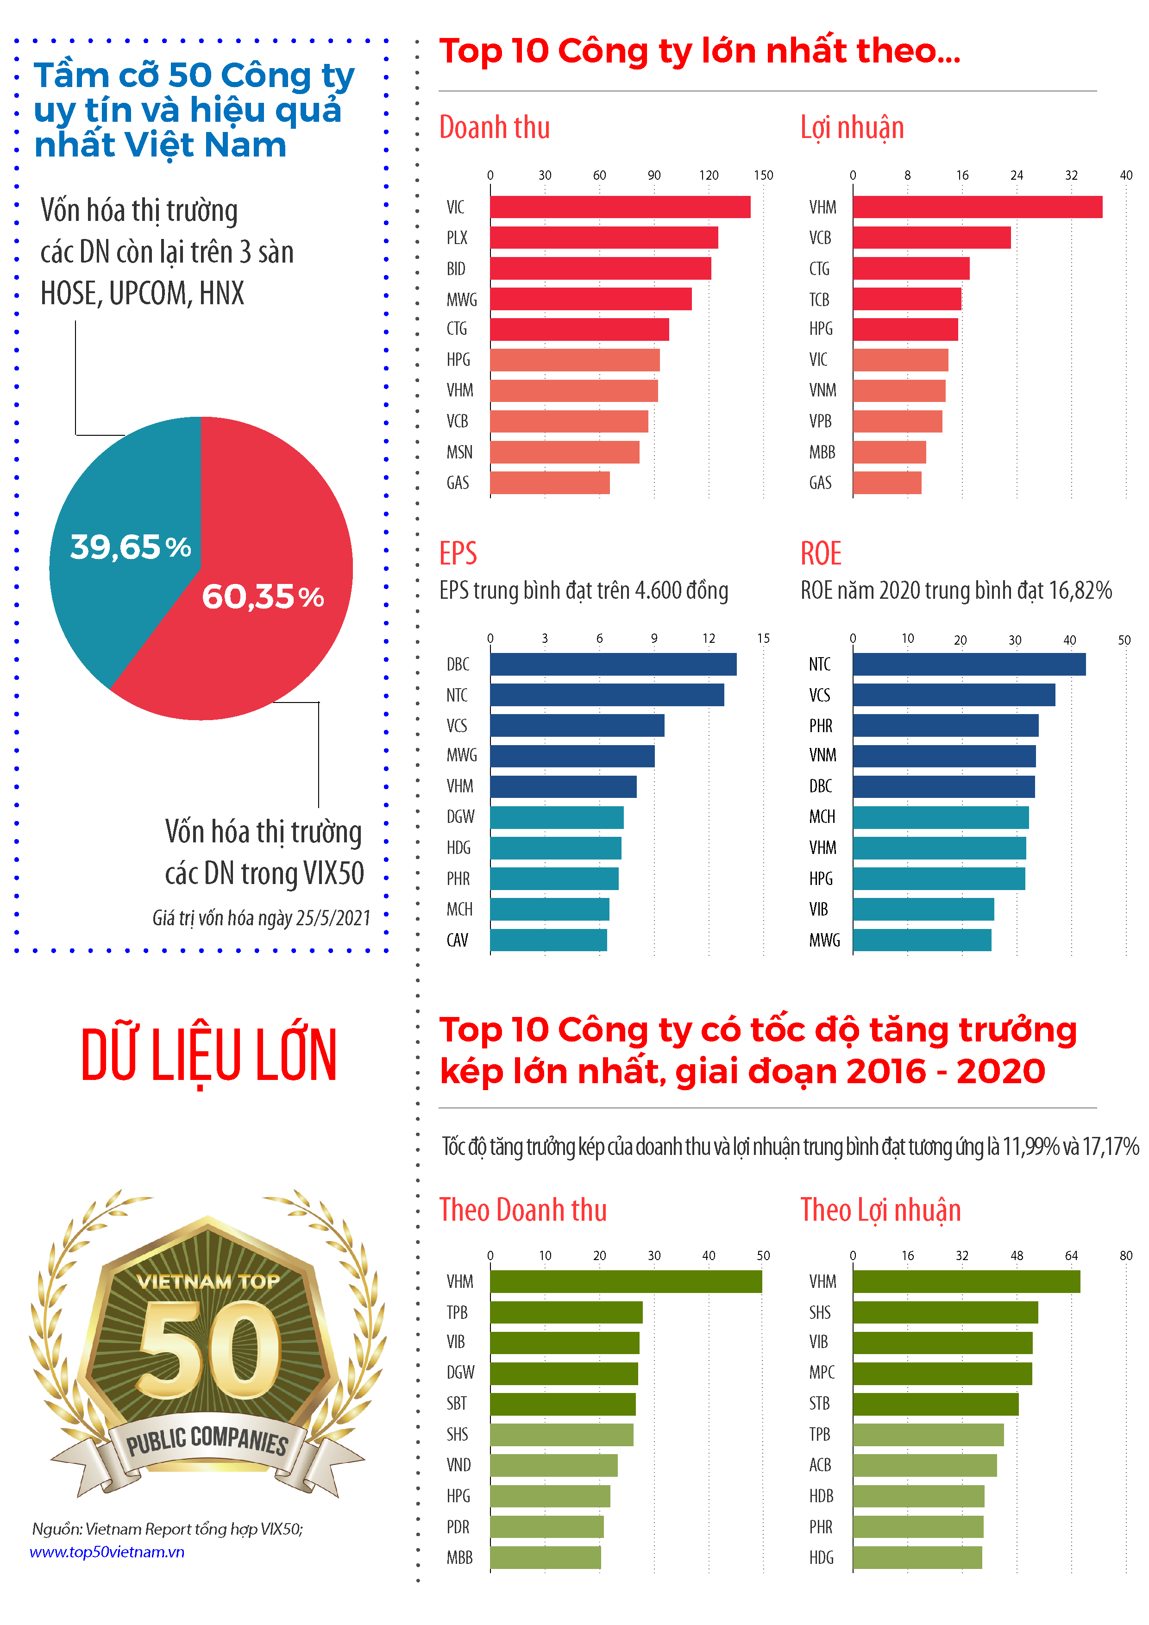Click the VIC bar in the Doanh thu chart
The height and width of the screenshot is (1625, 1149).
click(620, 207)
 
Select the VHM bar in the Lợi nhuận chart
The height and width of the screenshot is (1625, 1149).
click(977, 207)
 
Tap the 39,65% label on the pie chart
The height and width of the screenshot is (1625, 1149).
click(130, 547)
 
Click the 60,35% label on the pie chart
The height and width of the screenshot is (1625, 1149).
click(263, 596)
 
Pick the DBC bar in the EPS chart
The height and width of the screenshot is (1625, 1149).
click(613, 664)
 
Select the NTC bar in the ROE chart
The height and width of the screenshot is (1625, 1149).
click(968, 664)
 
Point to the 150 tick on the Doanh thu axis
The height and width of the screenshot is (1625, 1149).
click(763, 175)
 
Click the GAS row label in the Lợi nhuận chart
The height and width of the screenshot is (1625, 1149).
click(821, 483)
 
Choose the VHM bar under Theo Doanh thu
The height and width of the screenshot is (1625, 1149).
click(626, 1281)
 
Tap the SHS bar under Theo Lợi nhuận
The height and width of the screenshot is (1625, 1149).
click(945, 1312)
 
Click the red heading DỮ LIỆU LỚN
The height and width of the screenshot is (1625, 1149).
click(209, 1054)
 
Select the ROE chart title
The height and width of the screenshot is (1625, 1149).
click(821, 553)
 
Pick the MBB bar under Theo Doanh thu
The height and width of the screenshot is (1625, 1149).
click(545, 1557)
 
